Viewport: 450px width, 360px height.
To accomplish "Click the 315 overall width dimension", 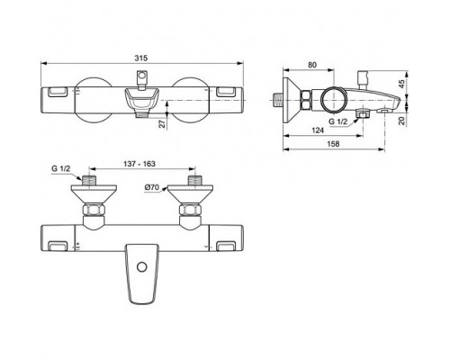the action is coord(141,58).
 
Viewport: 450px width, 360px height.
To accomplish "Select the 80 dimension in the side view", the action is coord(312,65).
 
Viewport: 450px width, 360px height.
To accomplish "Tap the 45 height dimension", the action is coord(401,82).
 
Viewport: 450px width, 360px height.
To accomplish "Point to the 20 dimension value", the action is coord(401,121).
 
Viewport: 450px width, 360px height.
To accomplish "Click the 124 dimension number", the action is coord(318,130).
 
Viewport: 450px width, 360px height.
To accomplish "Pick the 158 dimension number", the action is coord(333,144).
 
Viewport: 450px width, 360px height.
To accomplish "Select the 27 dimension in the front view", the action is coord(162,124).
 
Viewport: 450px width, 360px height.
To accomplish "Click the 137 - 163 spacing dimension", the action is coord(139,164).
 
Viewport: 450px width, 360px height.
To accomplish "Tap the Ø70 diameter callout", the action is coord(152,187).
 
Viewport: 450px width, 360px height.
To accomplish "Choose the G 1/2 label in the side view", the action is coord(337,121).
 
